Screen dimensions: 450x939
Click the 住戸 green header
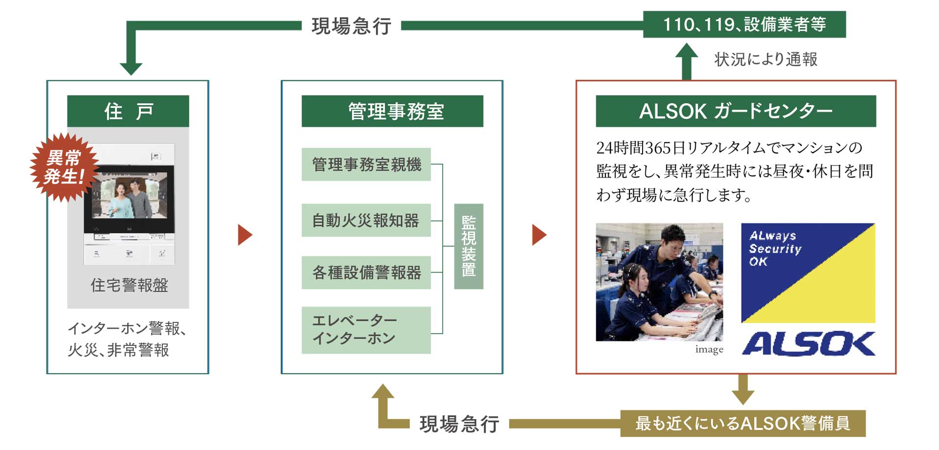[128, 111]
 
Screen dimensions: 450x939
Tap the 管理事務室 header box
[392, 111]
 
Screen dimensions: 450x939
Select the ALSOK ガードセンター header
[736, 111]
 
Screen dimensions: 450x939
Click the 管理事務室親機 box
[366, 164]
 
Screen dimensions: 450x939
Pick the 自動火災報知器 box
[366, 220]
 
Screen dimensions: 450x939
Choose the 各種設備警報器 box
[366, 272]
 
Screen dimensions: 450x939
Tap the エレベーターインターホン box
[366, 330]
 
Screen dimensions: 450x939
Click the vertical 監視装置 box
[469, 246]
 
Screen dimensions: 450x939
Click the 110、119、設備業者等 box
[744, 24]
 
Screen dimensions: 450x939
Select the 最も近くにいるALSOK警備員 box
[742, 423]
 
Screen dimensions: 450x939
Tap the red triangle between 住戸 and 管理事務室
[245, 235]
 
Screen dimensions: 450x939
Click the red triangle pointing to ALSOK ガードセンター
[539, 235]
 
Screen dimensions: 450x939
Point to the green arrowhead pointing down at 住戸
[131, 67]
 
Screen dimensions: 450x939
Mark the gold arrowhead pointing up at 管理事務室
[383, 392]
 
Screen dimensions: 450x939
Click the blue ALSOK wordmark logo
[808, 343]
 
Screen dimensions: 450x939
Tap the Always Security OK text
[775, 248]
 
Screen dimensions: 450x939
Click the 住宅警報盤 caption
[129, 285]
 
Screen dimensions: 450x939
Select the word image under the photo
[709, 349]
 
